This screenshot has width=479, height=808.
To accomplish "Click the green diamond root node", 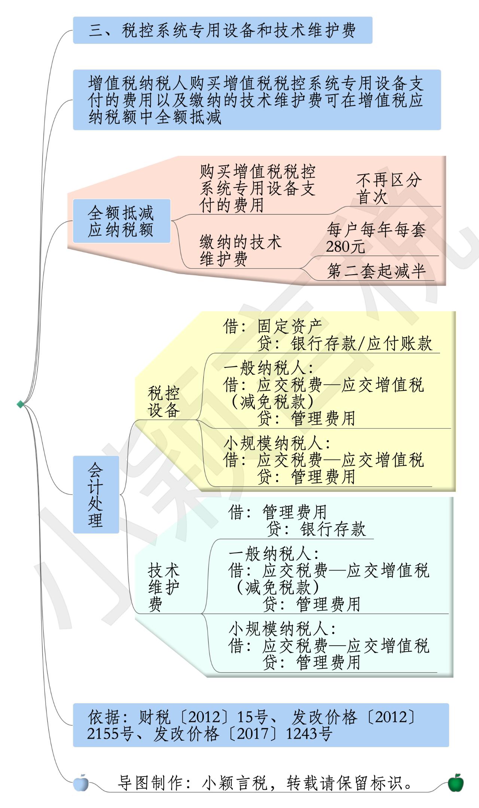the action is click(20, 404).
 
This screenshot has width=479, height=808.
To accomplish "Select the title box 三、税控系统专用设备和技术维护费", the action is click(223, 30).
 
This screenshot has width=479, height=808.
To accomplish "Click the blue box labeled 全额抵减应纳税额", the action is click(122, 221).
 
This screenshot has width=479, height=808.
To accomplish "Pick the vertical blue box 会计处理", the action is click(96, 494).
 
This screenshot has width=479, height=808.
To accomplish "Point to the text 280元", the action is click(345, 247).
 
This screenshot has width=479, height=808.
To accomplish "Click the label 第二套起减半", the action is click(376, 271).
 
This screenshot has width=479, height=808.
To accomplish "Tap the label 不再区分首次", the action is click(388, 189).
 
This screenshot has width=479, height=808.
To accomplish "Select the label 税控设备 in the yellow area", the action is click(164, 402).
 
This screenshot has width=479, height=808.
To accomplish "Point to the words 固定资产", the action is click(290, 326).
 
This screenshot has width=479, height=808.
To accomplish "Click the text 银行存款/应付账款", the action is click(361, 343).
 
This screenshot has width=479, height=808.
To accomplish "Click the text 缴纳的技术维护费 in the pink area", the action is click(240, 251).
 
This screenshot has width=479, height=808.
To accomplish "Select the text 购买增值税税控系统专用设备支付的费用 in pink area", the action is click(257, 189).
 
